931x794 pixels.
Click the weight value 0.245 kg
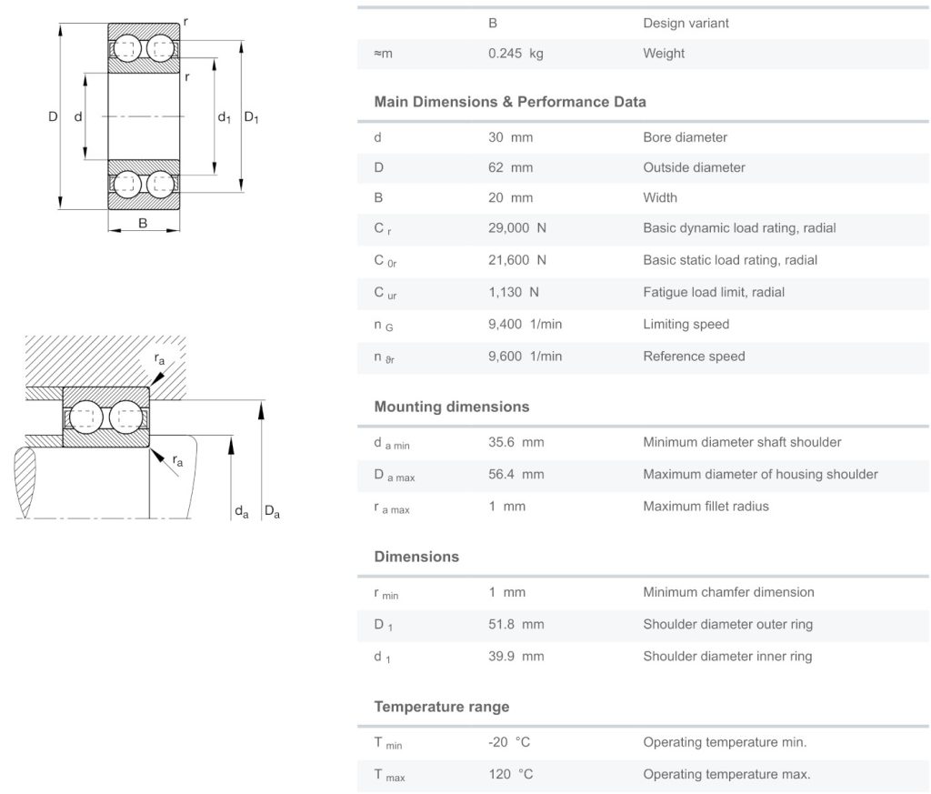pyautogui.click(x=516, y=54)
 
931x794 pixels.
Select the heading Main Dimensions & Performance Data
pyautogui.click(x=510, y=102)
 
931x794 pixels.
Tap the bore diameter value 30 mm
pyautogui.click(x=510, y=138)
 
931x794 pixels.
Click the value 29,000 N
pyautogui.click(x=517, y=228)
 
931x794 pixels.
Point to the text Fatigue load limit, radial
pyautogui.click(x=714, y=293)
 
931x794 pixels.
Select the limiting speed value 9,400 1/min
pyautogui.click(x=525, y=325)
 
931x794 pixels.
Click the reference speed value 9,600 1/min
pyautogui.click(x=525, y=357)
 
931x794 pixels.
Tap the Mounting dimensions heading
pyautogui.click(x=451, y=407)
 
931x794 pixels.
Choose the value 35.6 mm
pyautogui.click(x=516, y=443)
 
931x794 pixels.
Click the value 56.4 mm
pyautogui.click(x=516, y=475)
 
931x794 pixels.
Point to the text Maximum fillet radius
pyautogui.click(x=706, y=507)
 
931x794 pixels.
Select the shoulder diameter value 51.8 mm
pyautogui.click(x=516, y=625)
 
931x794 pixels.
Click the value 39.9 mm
pyautogui.click(x=516, y=657)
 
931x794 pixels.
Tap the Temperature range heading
pyautogui.click(x=441, y=707)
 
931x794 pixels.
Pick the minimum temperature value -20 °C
pyautogui.click(x=509, y=743)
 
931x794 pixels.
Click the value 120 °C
pyautogui.click(x=510, y=775)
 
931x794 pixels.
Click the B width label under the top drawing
pyautogui.click(x=143, y=223)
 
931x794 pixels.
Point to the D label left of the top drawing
pyautogui.click(x=53, y=116)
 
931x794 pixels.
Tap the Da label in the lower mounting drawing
pyautogui.click(x=271, y=513)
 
